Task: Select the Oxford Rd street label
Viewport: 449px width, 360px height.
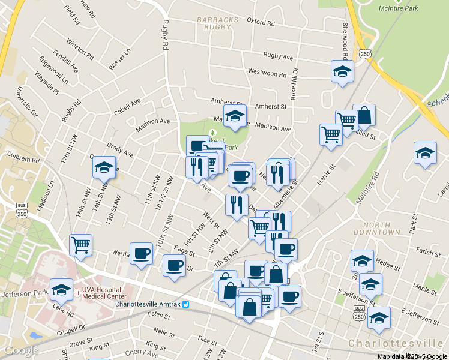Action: click(260, 22)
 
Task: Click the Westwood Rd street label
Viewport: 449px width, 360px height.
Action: click(268, 73)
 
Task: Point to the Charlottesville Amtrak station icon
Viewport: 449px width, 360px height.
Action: click(187, 304)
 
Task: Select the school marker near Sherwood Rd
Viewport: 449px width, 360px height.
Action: click(342, 71)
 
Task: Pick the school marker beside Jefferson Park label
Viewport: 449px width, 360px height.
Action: click(61, 290)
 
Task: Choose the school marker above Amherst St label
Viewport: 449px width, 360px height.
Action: click(235, 115)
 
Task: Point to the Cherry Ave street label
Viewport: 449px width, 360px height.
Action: click(142, 355)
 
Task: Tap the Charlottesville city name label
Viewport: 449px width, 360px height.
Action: click(396, 343)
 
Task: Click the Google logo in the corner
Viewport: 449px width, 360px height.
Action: click(21, 350)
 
